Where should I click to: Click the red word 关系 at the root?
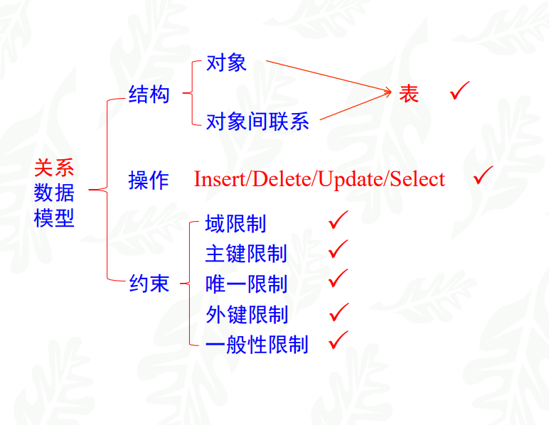[x=54, y=168]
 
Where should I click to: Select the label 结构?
[x=149, y=94]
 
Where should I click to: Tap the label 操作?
[x=149, y=180]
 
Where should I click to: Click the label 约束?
[x=149, y=284]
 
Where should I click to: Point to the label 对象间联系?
[x=257, y=122]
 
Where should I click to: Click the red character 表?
[x=409, y=94]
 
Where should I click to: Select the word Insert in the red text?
[x=218, y=179]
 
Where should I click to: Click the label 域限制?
[x=235, y=224]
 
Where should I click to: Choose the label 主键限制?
[x=246, y=254]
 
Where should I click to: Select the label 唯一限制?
[x=246, y=284]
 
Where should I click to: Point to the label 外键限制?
[x=246, y=314]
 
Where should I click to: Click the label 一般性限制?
[x=257, y=345]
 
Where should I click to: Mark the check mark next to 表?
[x=459, y=90]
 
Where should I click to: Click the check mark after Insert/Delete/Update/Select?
[x=483, y=176]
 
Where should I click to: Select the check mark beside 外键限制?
[x=339, y=311]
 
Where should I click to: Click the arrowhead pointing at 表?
[x=388, y=92]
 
